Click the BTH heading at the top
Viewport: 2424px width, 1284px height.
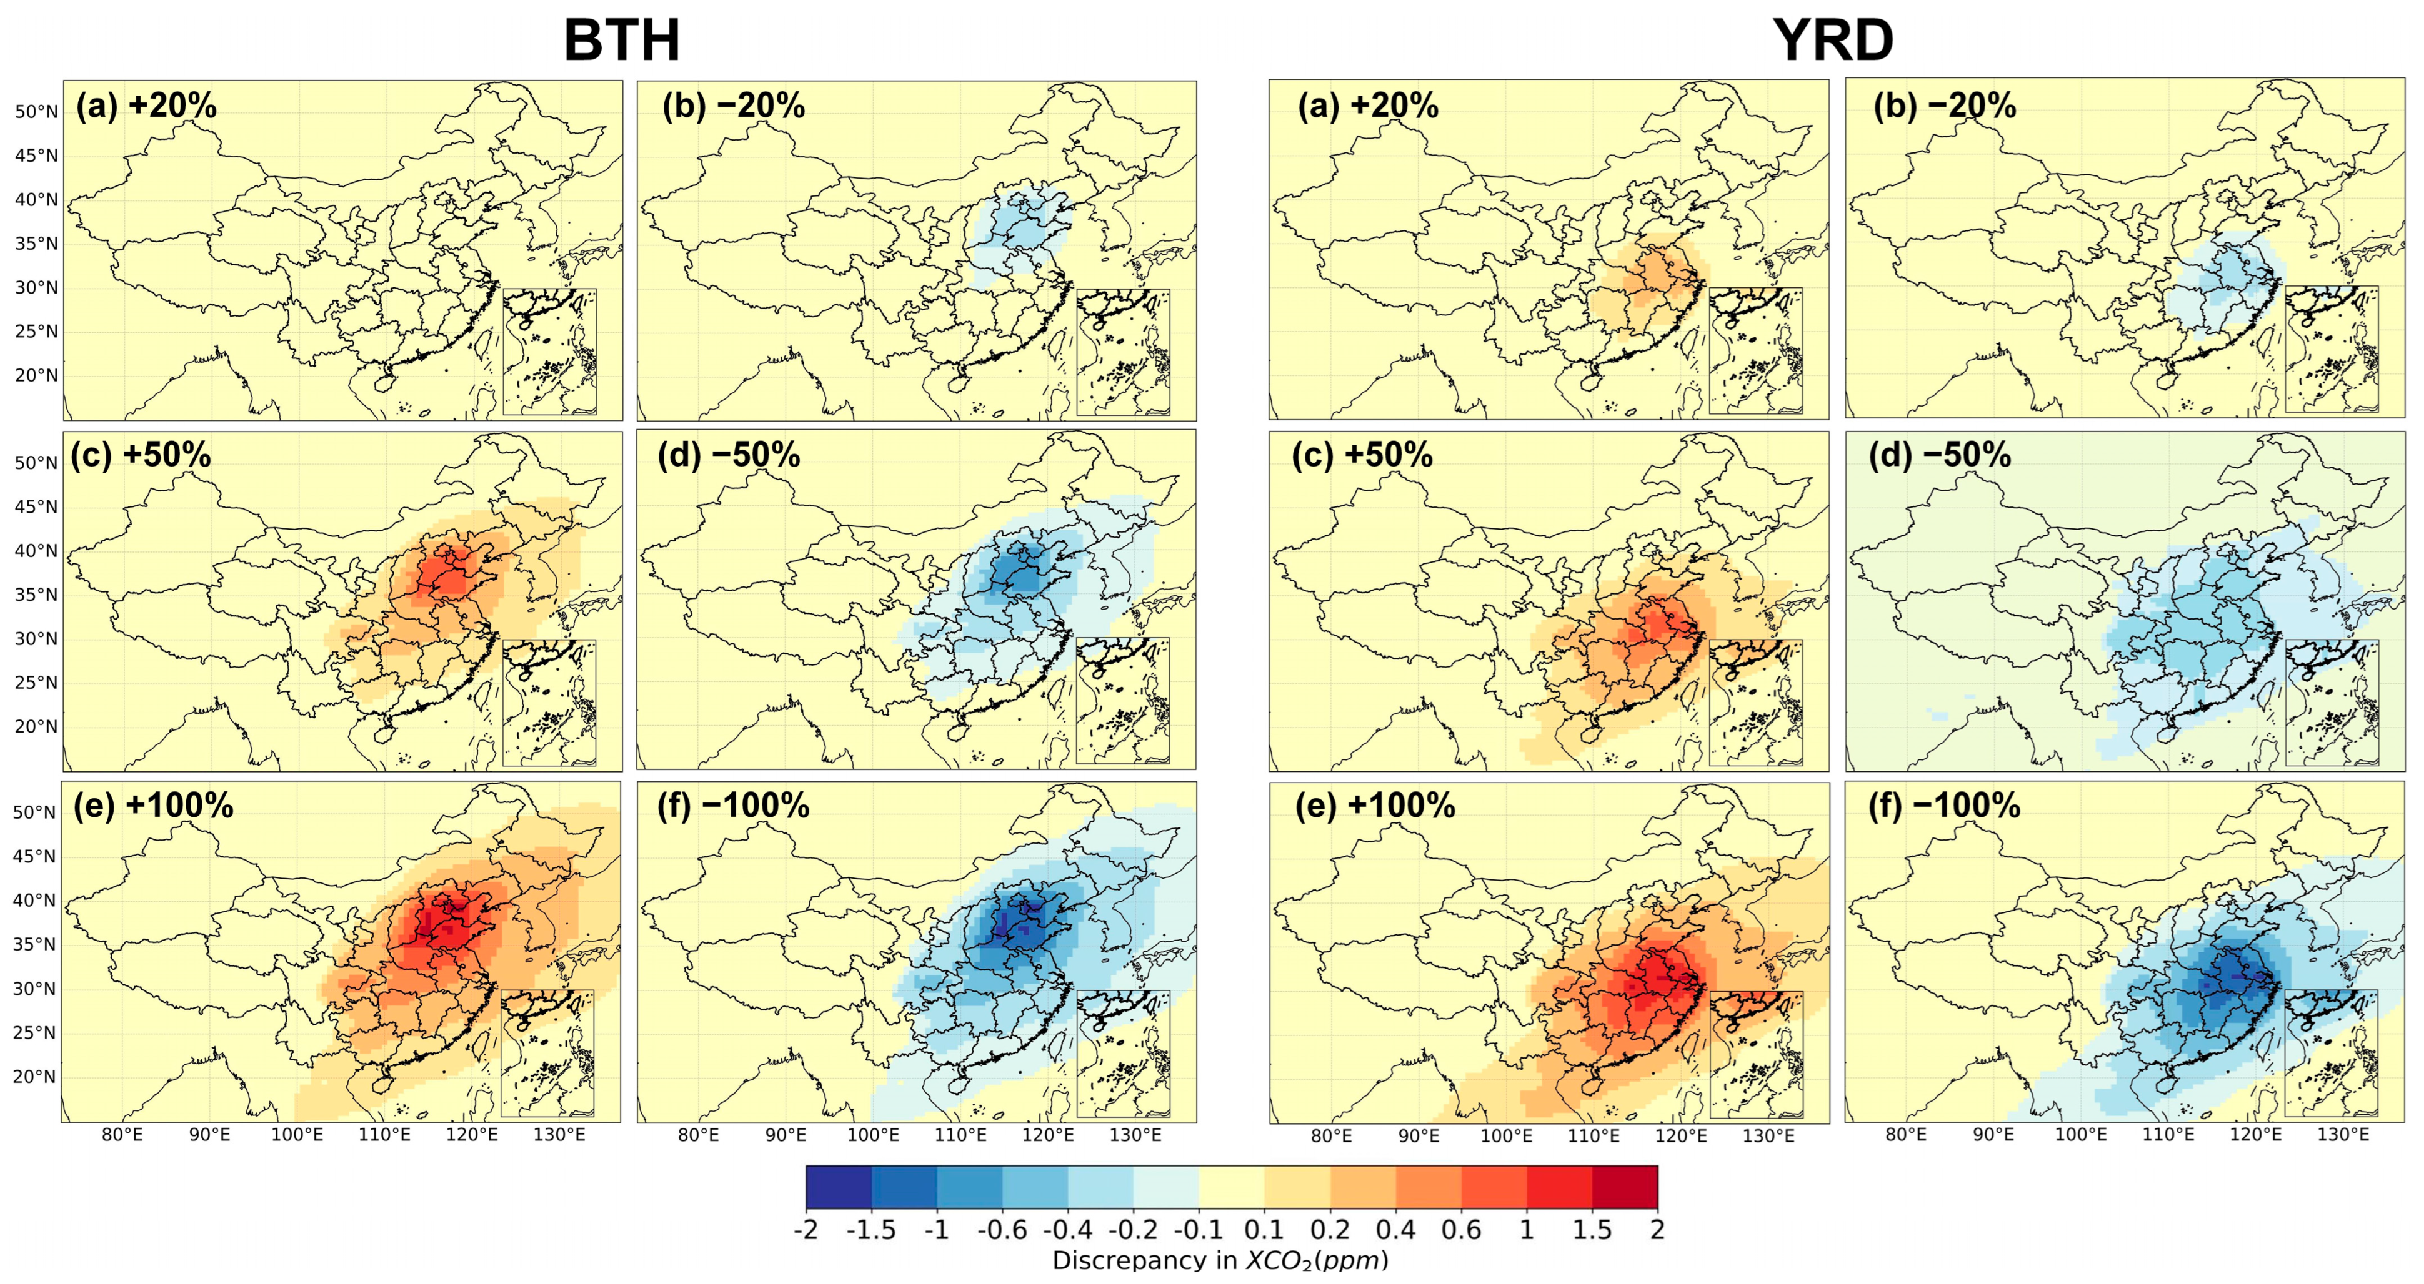pyautogui.click(x=621, y=41)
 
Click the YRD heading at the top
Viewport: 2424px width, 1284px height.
pyautogui.click(x=1833, y=41)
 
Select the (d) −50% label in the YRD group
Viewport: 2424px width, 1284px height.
pyautogui.click(x=1940, y=455)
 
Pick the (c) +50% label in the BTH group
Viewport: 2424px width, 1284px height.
pyautogui.click(x=141, y=455)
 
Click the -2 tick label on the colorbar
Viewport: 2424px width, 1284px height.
pyautogui.click(x=806, y=1230)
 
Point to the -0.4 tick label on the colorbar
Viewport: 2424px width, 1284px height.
pyautogui.click(x=1067, y=1230)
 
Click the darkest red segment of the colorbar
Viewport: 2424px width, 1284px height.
pyautogui.click(x=1625, y=1187)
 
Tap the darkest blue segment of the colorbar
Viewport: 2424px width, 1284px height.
pyautogui.click(x=839, y=1187)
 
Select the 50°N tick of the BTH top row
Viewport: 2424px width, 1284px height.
pyautogui.click(x=36, y=112)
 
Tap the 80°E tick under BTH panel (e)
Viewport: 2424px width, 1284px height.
pyautogui.click(x=122, y=1135)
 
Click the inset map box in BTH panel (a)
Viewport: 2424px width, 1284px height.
pyautogui.click(x=549, y=352)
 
